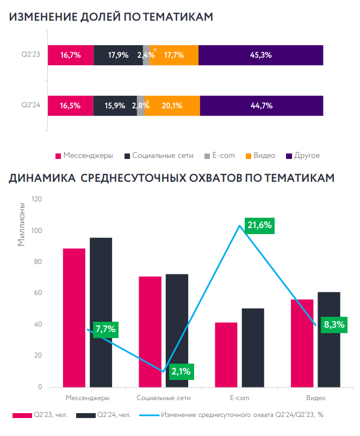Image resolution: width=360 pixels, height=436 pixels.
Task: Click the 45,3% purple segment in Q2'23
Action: pos(261,55)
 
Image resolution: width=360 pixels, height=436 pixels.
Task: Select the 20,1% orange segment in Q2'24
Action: pos(172,106)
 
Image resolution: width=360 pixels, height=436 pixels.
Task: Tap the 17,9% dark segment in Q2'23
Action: pos(118,55)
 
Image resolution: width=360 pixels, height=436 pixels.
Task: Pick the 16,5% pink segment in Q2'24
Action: pos(70,106)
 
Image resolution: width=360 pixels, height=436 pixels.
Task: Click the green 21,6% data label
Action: pos(259,225)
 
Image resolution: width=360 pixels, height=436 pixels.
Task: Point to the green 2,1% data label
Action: pos(181,372)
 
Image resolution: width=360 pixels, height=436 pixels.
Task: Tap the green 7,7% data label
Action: pos(105,329)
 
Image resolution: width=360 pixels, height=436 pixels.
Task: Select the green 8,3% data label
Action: pos(334,326)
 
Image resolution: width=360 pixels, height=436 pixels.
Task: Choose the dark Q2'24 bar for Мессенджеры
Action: pos(101,312)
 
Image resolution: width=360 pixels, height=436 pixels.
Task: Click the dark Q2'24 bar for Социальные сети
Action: pos(177,330)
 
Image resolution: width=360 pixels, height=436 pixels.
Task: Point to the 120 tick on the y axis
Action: pos(37,199)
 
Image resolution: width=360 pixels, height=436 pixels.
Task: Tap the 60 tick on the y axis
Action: pos(39,293)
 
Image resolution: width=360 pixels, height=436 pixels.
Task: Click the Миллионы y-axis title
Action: pos(21,224)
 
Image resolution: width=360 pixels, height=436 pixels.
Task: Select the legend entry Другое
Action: pos(307,156)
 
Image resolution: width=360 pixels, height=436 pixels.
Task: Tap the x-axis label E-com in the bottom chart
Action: pos(239,398)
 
